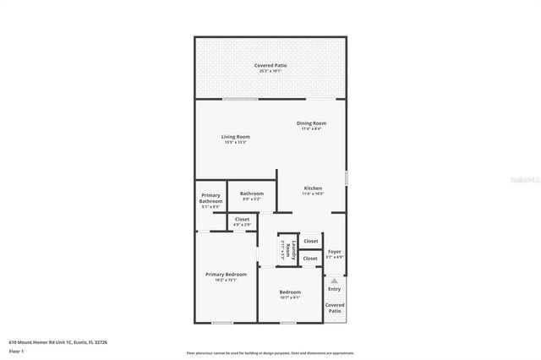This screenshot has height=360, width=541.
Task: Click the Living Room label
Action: coord(236,136)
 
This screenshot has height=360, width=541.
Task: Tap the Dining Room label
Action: coord(311,123)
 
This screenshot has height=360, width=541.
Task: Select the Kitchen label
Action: coord(313,188)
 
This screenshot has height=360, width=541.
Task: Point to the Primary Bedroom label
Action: coord(226,274)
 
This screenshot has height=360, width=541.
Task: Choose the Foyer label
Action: coord(335,251)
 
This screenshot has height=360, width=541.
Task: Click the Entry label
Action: coord(335,289)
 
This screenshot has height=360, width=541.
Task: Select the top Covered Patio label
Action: coord(270,65)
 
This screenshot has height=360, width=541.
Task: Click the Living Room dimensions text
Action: coord(236,142)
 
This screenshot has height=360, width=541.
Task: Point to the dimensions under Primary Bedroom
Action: coord(226,281)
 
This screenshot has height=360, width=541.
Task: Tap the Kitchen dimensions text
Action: coord(313,194)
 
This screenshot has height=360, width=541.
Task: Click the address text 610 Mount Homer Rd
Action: coord(57,341)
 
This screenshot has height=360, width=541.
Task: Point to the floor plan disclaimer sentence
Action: coord(270,352)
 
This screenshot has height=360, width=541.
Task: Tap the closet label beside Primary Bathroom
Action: coord(242,219)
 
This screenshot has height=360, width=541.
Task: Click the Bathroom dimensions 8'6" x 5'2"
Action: coord(252,199)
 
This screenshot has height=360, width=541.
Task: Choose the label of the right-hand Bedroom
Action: coord(290,292)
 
